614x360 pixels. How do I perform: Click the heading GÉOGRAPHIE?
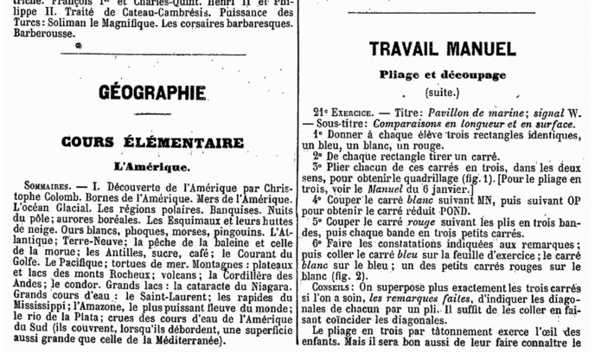coord(151,92)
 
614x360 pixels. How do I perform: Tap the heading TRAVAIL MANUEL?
coord(454,49)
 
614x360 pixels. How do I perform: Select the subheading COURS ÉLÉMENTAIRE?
coord(151,142)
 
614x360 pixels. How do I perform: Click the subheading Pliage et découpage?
coord(454,75)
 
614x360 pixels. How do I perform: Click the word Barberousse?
coord(35,36)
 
